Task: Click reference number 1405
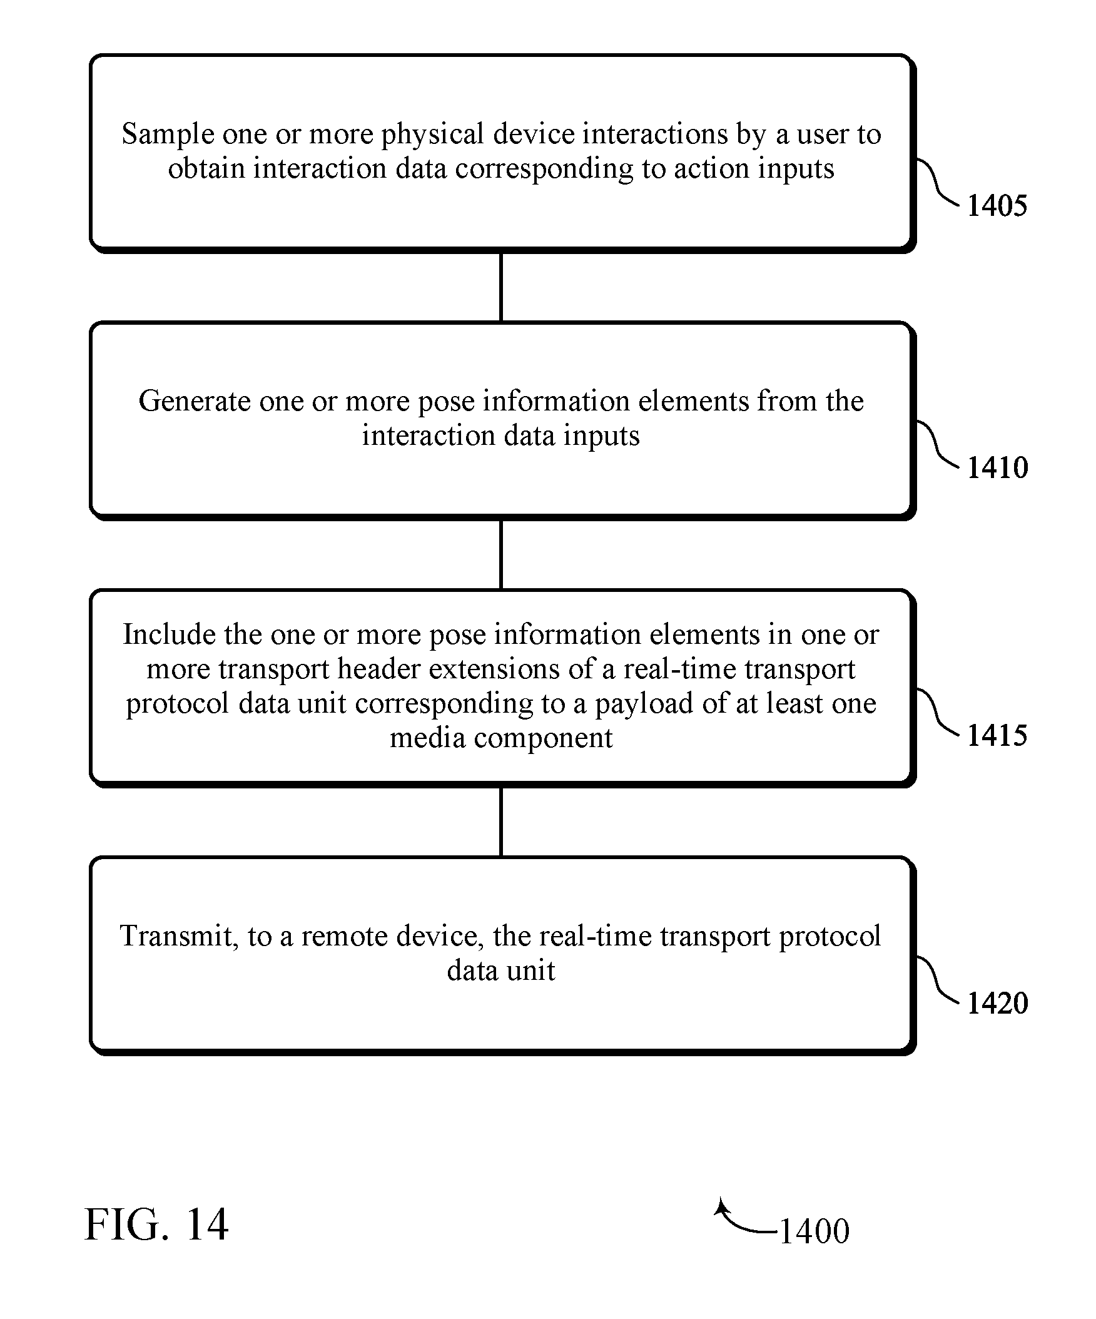997,205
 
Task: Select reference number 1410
997,467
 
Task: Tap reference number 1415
997,735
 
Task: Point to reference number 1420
997,1002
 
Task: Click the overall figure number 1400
814,1230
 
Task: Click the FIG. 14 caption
156,1224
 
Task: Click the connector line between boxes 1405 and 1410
500,287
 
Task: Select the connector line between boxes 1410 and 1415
500,554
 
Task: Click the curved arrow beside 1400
741,1221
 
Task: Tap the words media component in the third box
500,738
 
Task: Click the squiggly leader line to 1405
938,182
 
